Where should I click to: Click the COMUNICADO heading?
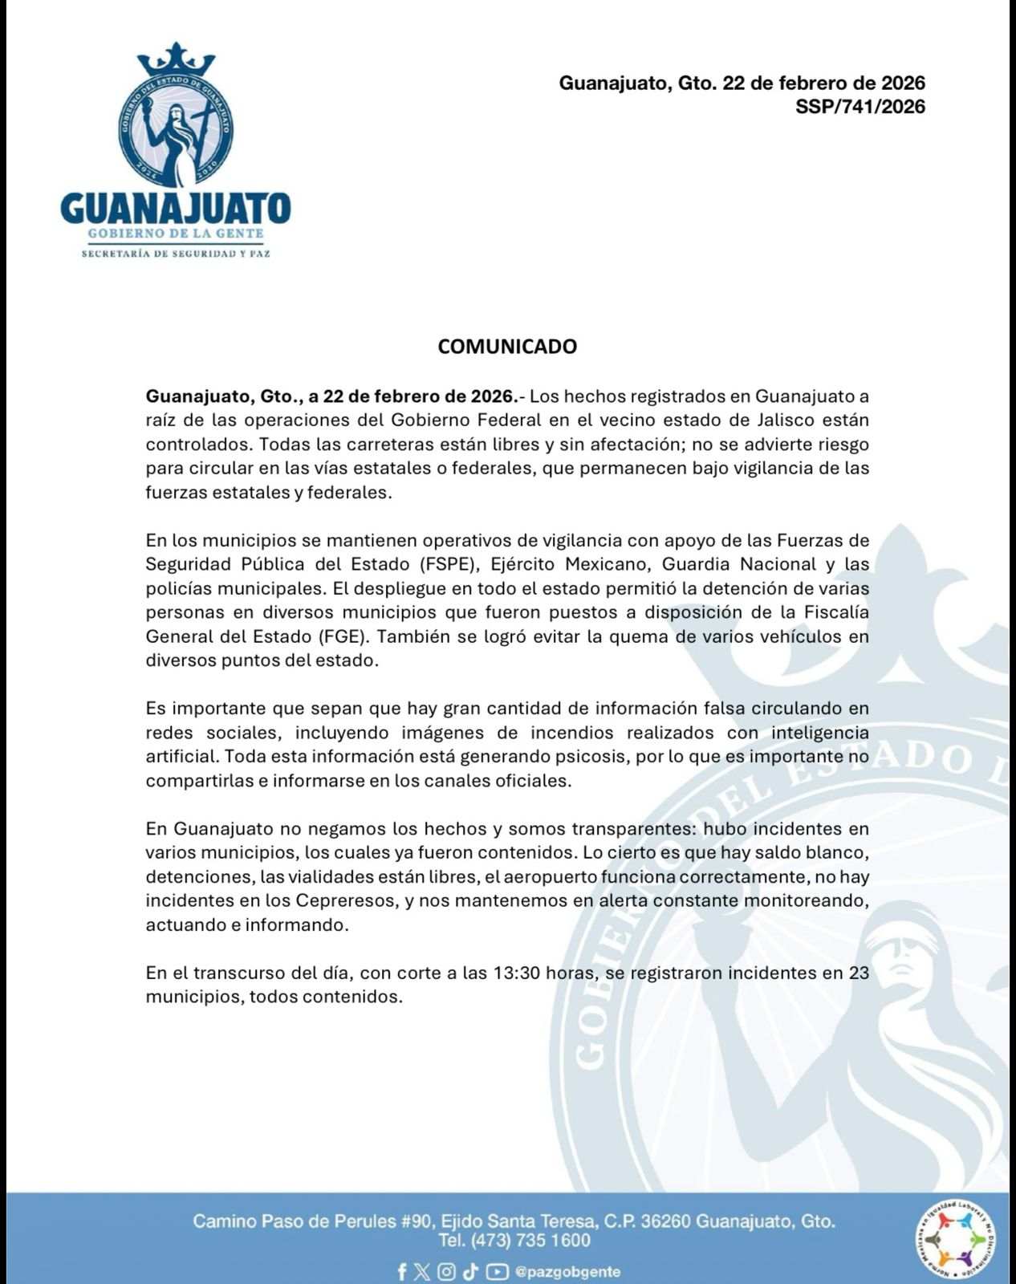coord(507,347)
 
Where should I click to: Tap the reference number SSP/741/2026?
coord(860,107)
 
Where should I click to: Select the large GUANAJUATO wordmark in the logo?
coord(175,209)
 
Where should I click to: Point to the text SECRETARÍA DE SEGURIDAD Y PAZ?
coord(176,254)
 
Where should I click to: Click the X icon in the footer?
coord(423,1272)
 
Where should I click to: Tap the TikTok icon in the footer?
coord(470,1272)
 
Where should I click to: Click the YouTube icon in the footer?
coord(497,1272)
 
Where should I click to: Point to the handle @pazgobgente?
coord(567,1272)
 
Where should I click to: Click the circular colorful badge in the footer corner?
coord(954,1241)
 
